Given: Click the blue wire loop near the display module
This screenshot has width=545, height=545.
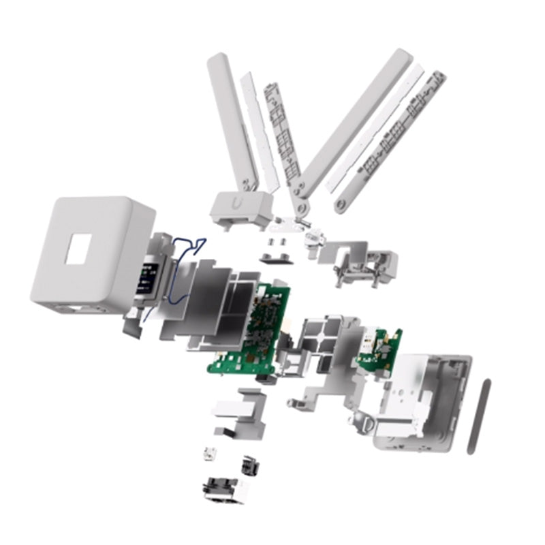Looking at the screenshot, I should pos(184,247).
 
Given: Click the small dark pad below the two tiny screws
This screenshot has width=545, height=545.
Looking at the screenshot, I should pos(275,256).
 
